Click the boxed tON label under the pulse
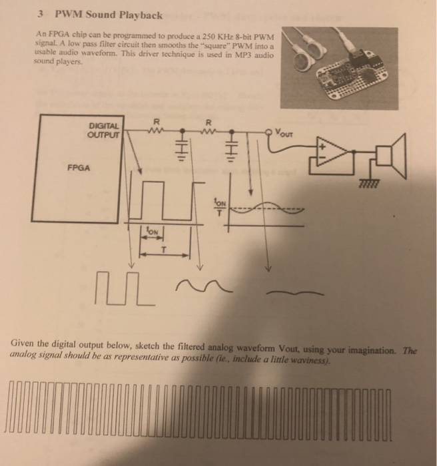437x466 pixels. tap(147, 230)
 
